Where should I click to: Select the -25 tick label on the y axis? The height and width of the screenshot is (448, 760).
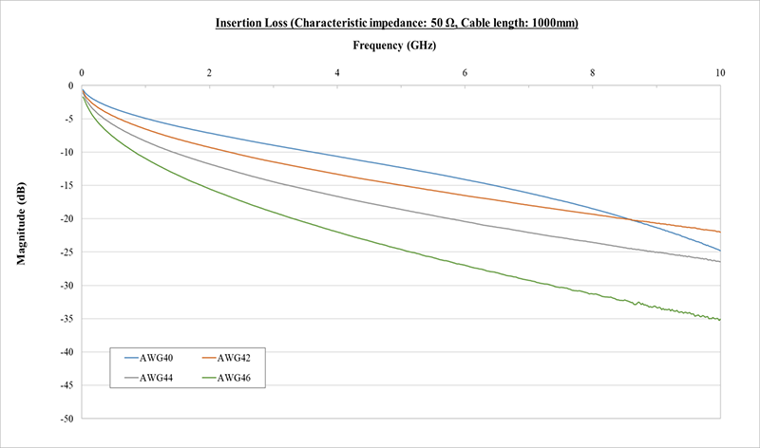click(x=66, y=252)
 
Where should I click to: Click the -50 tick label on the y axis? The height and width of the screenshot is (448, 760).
click(x=66, y=419)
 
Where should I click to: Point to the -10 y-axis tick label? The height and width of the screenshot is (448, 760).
click(x=66, y=152)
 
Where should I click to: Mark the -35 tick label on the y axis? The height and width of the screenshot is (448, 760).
click(x=66, y=319)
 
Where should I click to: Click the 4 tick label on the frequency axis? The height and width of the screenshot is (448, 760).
click(x=337, y=72)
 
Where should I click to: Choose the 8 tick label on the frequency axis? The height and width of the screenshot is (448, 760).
click(x=593, y=72)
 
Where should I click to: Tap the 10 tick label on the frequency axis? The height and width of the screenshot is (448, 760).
click(x=720, y=72)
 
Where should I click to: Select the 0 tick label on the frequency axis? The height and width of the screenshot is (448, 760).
click(x=82, y=72)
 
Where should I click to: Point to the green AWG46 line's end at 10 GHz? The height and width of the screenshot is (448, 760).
click(x=720, y=320)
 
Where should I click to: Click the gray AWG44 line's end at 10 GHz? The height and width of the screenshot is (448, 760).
click(x=720, y=261)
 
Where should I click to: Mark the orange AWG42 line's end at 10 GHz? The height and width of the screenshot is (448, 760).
click(x=720, y=232)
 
